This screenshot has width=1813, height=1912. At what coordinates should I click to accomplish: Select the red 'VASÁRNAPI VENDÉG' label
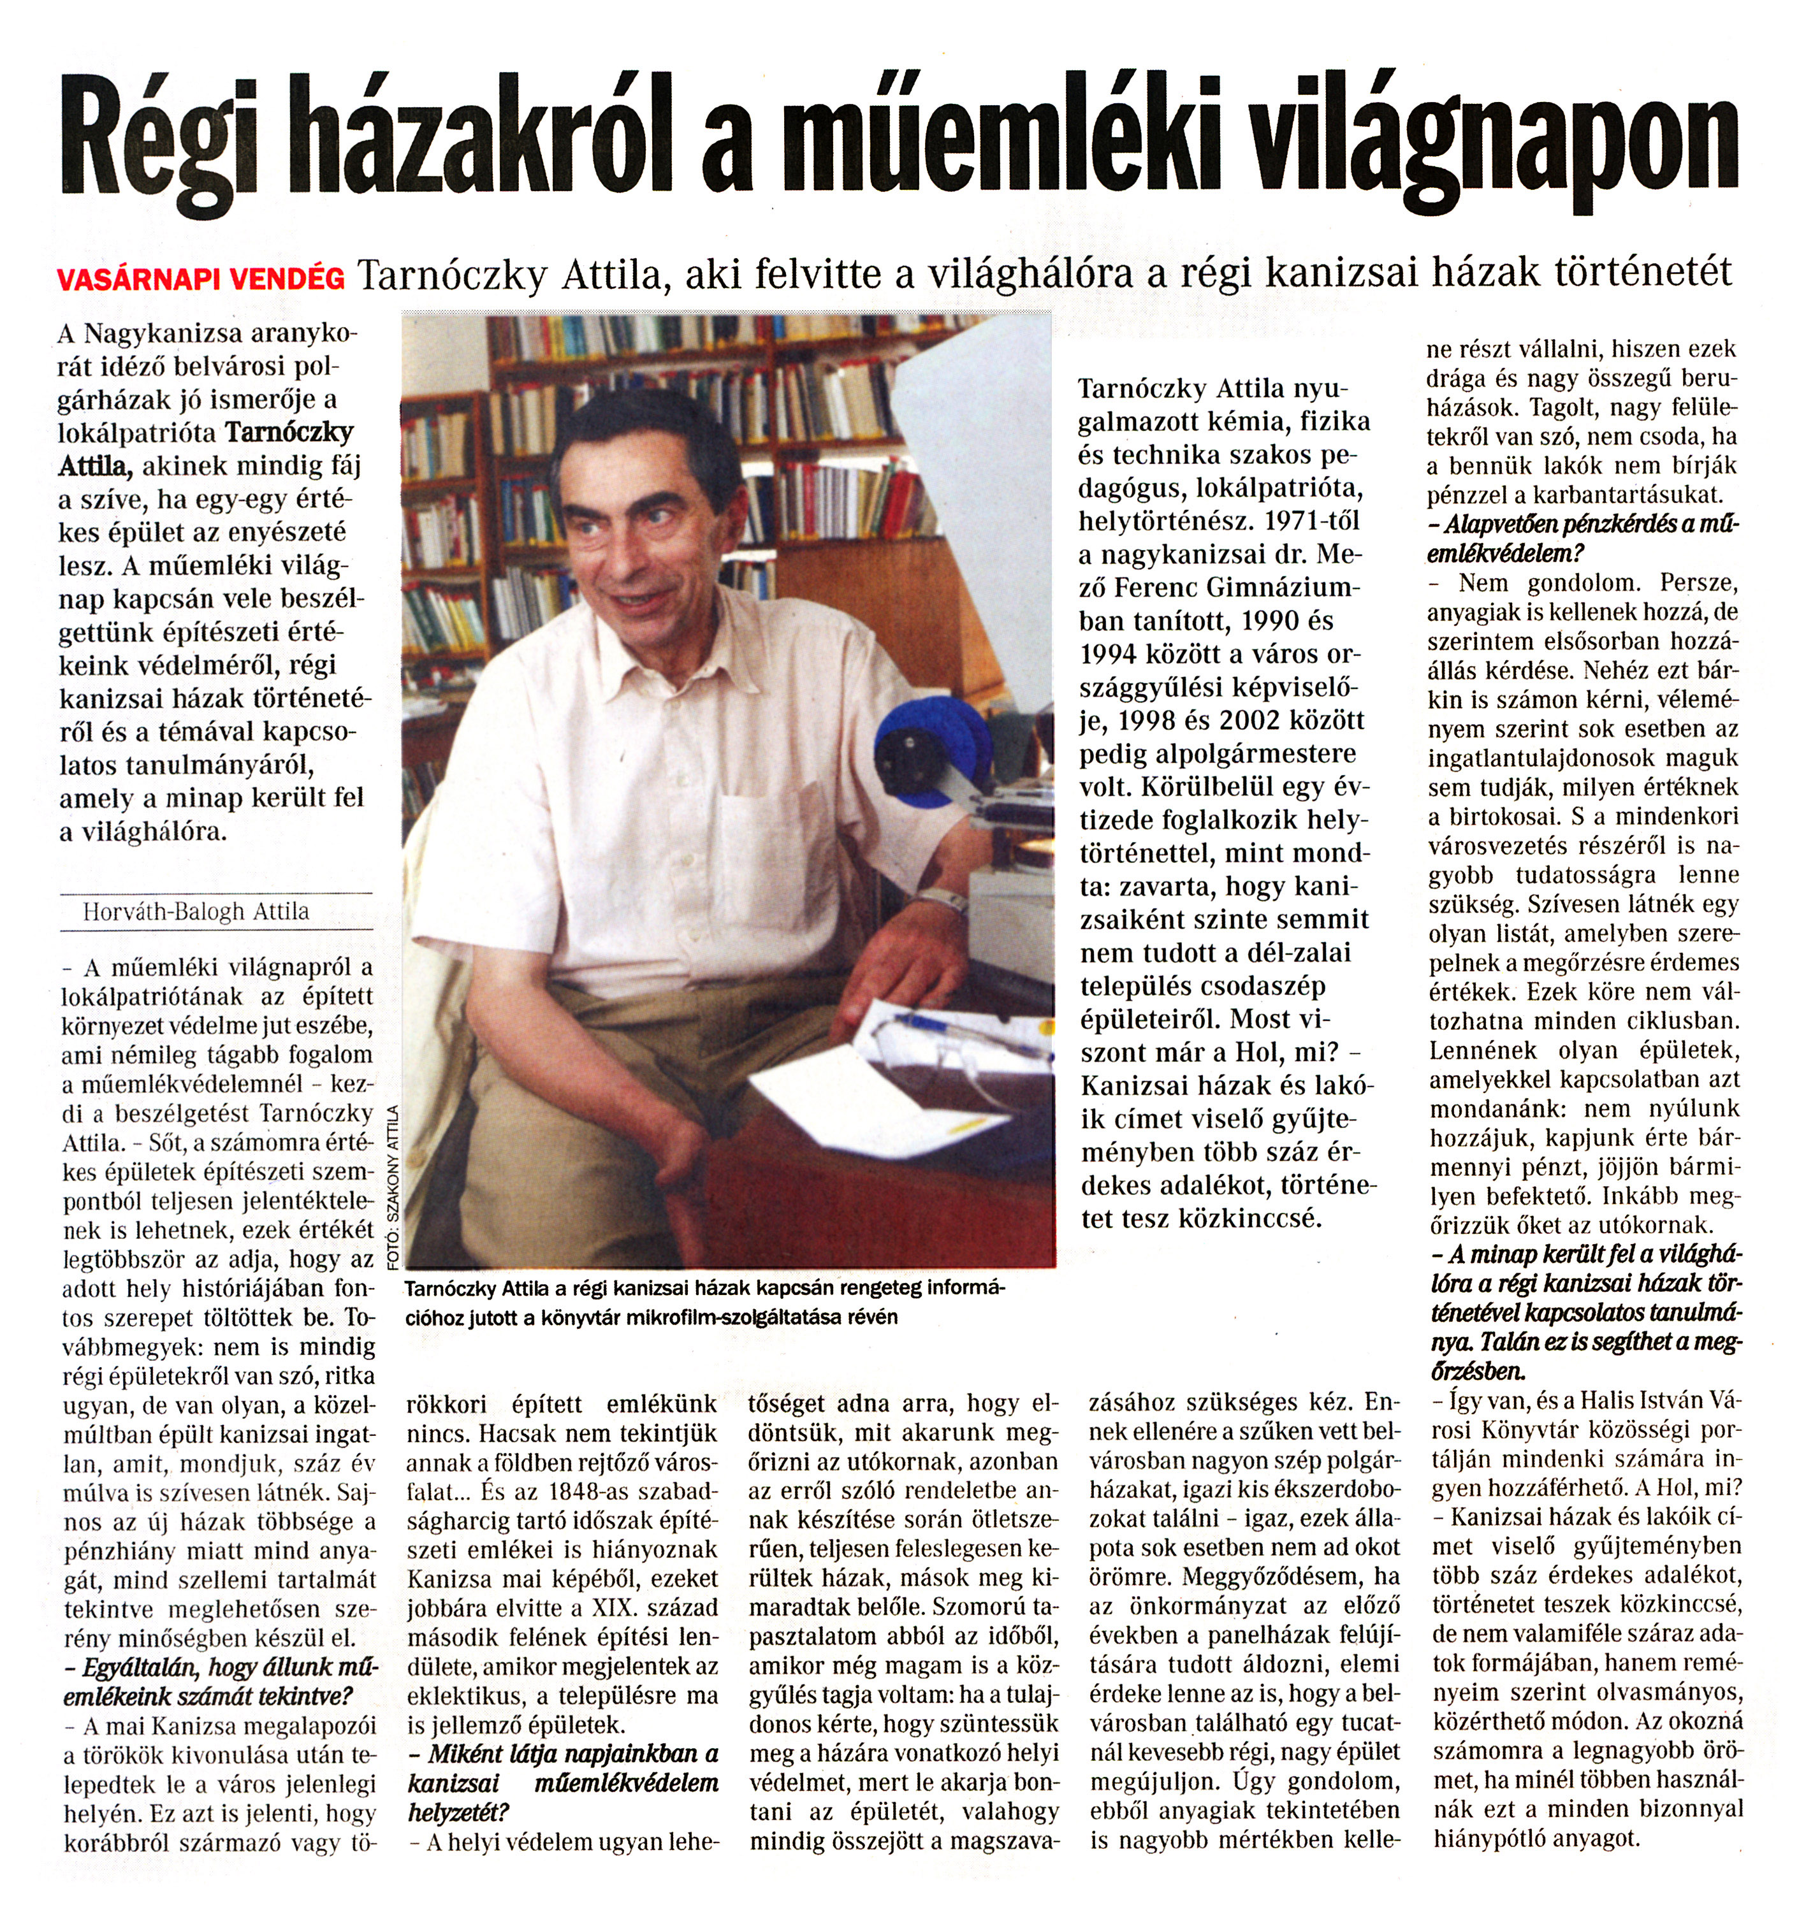pos(201,279)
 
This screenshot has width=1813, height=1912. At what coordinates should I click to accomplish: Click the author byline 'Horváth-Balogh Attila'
pos(196,911)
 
